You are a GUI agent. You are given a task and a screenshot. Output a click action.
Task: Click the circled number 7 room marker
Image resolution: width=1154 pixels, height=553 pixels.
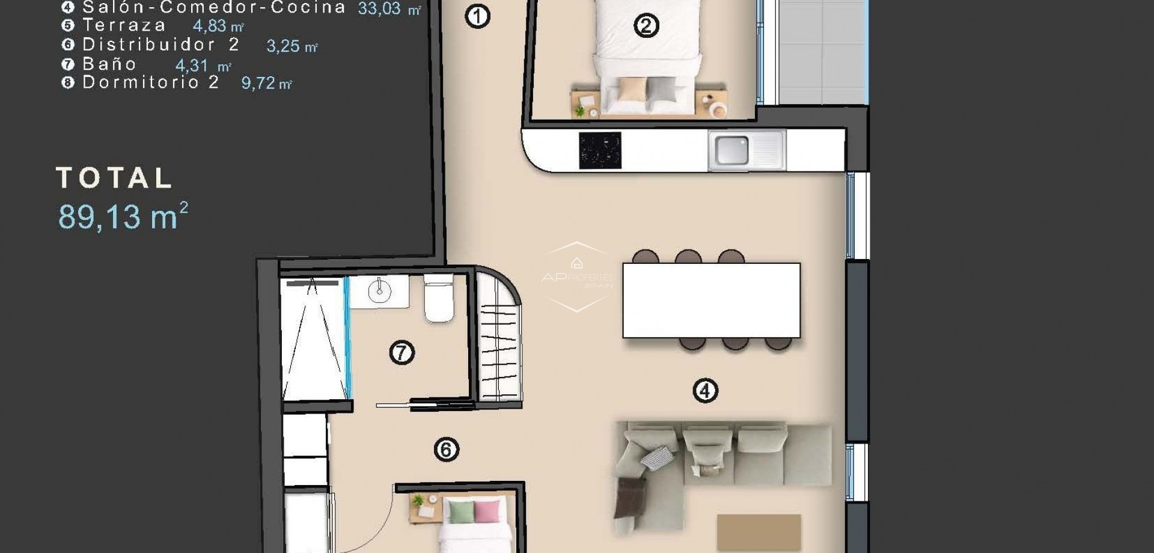click(x=401, y=352)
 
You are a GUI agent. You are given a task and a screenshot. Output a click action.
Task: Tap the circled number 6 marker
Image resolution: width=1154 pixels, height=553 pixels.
click(x=446, y=450)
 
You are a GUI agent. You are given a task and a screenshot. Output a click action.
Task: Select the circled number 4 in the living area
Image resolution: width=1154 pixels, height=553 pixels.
click(x=705, y=391)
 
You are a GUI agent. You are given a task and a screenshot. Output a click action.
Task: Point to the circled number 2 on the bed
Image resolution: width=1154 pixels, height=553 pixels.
click(x=646, y=26)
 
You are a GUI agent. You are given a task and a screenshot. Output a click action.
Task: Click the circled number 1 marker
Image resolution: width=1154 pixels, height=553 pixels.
click(x=478, y=16)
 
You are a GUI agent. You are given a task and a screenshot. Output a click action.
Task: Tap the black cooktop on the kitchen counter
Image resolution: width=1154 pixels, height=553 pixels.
click(x=600, y=150)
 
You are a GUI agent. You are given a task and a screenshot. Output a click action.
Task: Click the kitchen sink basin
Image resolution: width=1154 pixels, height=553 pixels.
click(x=731, y=150)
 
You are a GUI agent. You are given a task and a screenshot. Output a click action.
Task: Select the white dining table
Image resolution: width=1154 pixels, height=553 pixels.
click(x=711, y=300)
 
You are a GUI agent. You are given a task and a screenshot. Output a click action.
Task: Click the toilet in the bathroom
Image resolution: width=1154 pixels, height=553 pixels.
click(x=439, y=299)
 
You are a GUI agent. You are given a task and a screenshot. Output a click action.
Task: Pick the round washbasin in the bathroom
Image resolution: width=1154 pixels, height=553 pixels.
click(x=379, y=292)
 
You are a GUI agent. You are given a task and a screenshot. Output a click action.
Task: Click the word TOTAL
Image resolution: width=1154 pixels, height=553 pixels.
click(x=114, y=178)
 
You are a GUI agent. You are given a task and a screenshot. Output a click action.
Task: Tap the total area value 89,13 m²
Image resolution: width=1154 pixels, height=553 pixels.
click(x=123, y=216)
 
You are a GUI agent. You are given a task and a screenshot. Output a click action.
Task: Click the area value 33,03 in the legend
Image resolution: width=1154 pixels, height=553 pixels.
click(x=379, y=8)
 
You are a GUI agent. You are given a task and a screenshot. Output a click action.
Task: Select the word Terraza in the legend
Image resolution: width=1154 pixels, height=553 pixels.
click(x=124, y=25)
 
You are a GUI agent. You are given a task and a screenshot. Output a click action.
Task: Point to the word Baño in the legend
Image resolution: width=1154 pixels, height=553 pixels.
click(x=109, y=64)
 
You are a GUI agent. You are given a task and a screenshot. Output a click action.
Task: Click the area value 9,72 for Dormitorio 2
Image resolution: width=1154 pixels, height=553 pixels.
click(x=258, y=83)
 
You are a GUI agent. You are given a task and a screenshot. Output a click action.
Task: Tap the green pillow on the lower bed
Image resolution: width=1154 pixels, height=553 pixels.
click(x=461, y=512)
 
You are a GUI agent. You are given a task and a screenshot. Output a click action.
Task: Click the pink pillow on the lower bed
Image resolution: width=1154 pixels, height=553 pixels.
click(x=487, y=512)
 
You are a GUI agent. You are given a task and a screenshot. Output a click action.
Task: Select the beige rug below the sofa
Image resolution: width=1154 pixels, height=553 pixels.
click(x=759, y=531)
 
